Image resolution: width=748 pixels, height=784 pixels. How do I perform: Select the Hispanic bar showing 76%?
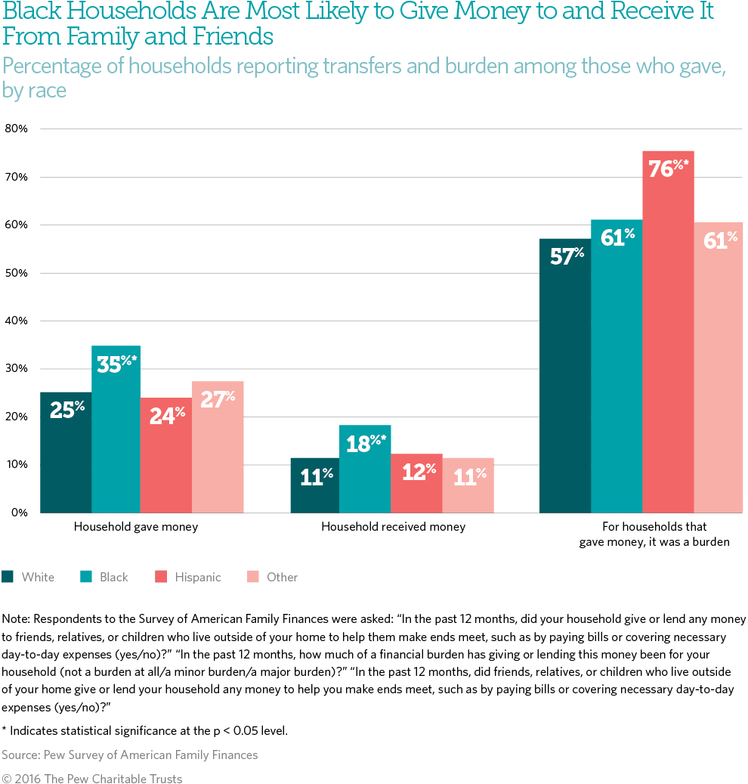pyautogui.click(x=668, y=332)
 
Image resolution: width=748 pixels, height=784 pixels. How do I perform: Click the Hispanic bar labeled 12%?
pyautogui.click(x=416, y=483)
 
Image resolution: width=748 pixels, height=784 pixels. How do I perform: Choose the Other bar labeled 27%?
pyautogui.click(x=218, y=447)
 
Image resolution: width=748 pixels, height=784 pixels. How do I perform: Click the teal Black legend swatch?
pyautogui.click(x=86, y=577)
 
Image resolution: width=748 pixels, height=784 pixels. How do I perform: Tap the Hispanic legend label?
pyautogui.click(x=197, y=577)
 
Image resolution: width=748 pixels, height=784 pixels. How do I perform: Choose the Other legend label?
pyautogui.click(x=282, y=577)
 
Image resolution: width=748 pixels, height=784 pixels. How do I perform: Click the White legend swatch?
pyautogui.click(x=8, y=577)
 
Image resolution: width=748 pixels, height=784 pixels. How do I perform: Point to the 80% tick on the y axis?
pyautogui.click(x=16, y=129)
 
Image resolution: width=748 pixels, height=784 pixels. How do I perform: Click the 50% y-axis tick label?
pyautogui.click(x=16, y=273)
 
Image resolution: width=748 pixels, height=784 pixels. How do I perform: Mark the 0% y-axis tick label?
pyautogui.click(x=19, y=513)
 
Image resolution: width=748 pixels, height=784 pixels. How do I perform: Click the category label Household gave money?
pyautogui.click(x=135, y=527)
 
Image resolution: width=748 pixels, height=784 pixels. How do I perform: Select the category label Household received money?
pyautogui.click(x=393, y=527)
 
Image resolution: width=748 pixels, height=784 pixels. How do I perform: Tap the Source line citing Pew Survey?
pyautogui.click(x=129, y=755)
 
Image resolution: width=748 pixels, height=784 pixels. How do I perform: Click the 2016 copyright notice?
pyautogui.click(x=91, y=778)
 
